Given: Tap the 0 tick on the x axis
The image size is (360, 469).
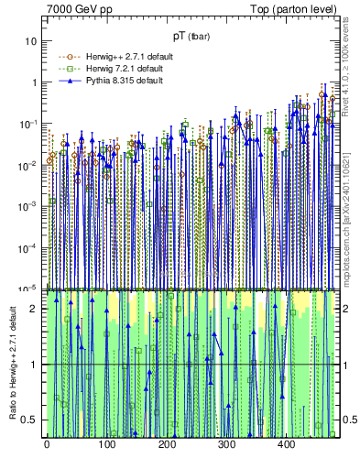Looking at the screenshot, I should click(x=46, y=444).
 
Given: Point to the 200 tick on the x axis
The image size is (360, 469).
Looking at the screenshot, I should click(x=166, y=444).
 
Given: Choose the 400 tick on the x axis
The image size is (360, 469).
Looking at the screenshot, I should click(x=286, y=444).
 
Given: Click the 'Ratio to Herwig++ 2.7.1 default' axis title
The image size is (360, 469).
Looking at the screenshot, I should click(x=10, y=364).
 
